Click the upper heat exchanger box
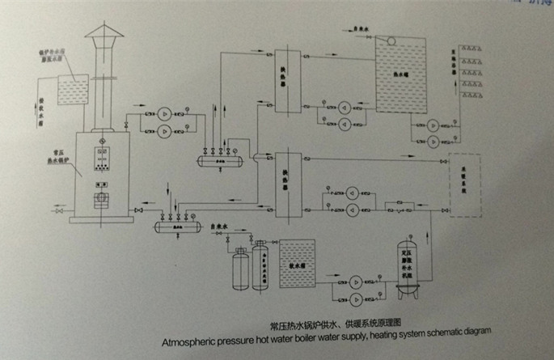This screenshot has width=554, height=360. [x=284, y=80]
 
